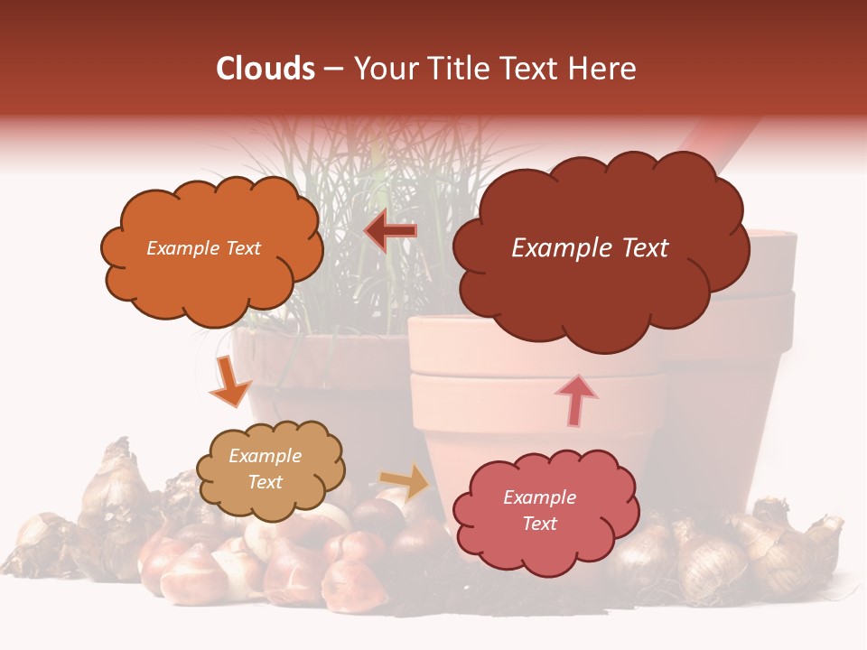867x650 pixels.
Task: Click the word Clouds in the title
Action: click(266, 69)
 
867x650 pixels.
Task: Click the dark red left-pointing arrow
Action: click(390, 231)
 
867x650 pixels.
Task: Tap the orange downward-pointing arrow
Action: click(229, 383)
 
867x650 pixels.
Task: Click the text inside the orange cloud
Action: click(203, 248)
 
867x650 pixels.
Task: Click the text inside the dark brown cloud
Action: click(590, 248)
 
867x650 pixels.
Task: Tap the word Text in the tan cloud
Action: click(266, 482)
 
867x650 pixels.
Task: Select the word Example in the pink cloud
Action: click(539, 497)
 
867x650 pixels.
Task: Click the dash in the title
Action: click(333, 70)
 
